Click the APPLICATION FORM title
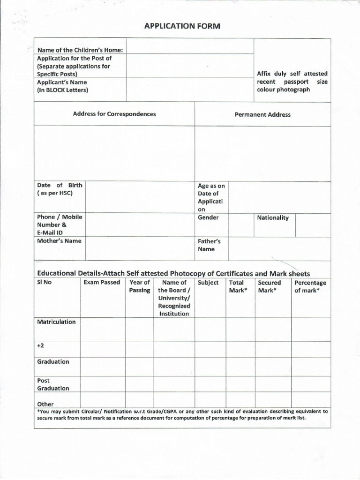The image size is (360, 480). coord(182,26)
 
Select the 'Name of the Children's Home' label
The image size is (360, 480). coord(80,50)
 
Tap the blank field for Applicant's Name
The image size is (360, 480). coord(189,89)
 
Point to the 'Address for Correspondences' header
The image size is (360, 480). coord(114,114)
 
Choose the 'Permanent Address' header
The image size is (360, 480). coord(262,114)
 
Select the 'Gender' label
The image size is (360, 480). coord(208,217)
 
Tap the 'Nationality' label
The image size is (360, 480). coord(273,218)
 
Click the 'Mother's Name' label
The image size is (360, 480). coord(59,241)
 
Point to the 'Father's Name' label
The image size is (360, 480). coord(209,245)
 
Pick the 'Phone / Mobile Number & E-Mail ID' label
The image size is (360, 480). coord(60,225)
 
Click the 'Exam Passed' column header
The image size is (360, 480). coord(102,283)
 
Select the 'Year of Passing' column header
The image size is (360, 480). coord(140,286)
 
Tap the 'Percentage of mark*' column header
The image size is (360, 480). coord(310,286)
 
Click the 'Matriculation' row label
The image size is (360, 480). coord(56,322)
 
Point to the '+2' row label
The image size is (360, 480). coord(40,345)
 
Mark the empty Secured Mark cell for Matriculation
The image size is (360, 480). coord(273,329)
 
